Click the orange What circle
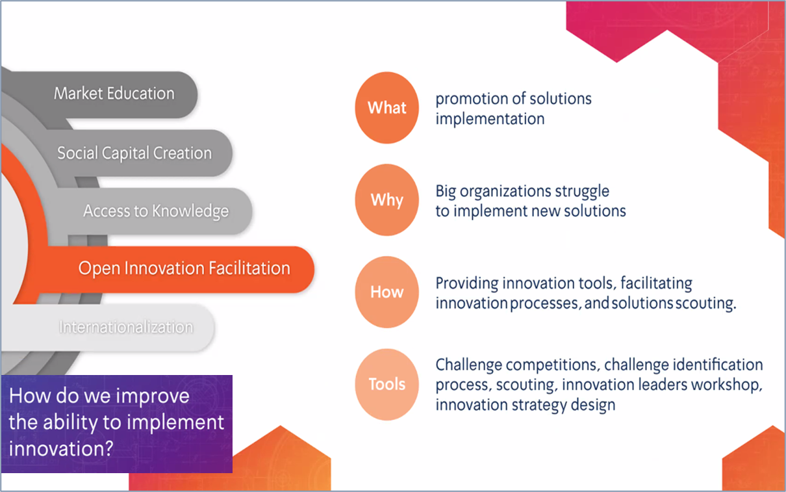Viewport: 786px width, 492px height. coord(387,108)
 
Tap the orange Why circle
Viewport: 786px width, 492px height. coord(387,200)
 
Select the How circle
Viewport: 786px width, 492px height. coord(387,292)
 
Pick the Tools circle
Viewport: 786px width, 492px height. coord(387,384)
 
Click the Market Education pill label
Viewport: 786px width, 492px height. coord(114,94)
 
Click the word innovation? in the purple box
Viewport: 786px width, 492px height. coord(61,448)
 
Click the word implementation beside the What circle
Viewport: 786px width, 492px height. coord(490,120)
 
